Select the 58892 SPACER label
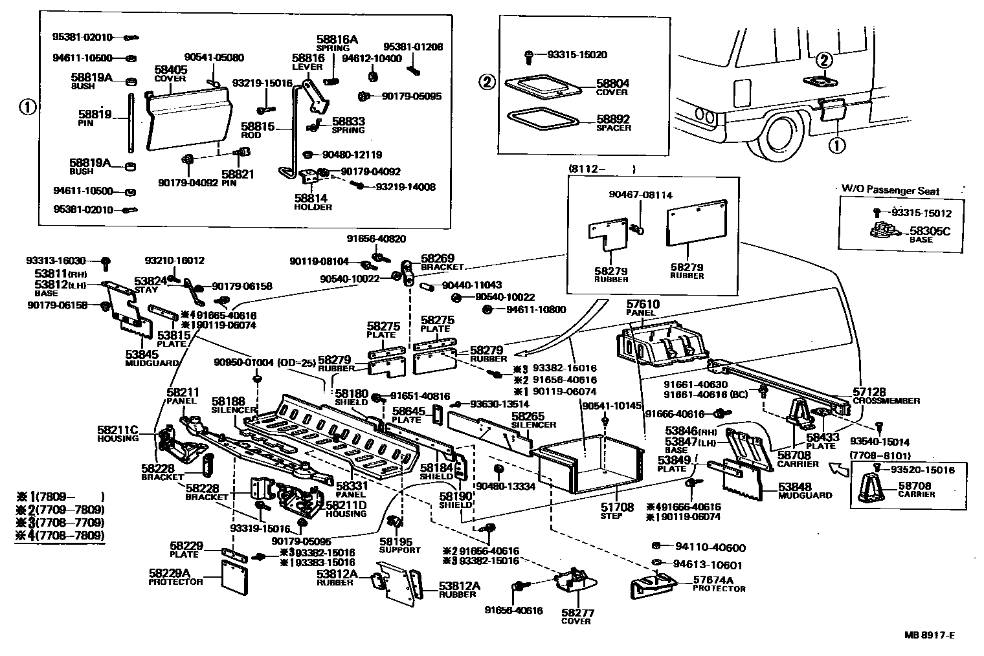[x=612, y=123]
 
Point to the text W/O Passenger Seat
[x=890, y=191]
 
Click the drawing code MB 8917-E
[x=929, y=635]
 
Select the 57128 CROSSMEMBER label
[x=885, y=396]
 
